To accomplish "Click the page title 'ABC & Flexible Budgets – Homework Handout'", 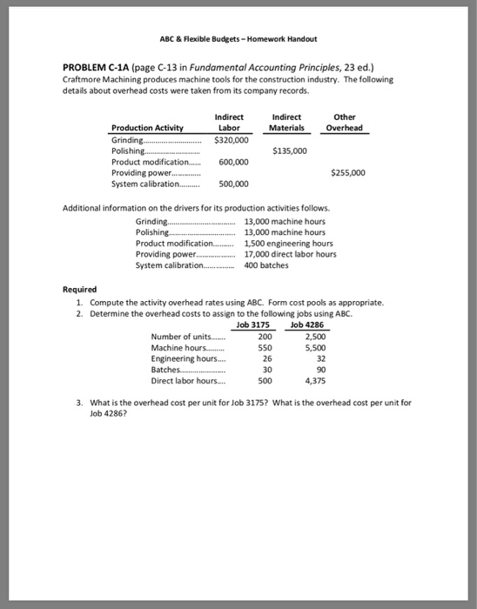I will (x=238, y=39).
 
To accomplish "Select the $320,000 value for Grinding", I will (x=232, y=138).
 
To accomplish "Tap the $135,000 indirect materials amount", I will (x=291, y=150).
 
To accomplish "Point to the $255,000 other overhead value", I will (x=347, y=172).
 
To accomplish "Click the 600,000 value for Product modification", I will (x=234, y=161).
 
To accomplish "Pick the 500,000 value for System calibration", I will (x=234, y=184).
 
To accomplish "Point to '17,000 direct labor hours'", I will (x=291, y=254).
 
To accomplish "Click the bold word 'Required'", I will (x=80, y=290).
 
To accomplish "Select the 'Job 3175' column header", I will (x=254, y=325).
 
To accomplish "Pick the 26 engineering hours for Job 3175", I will (x=265, y=358).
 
